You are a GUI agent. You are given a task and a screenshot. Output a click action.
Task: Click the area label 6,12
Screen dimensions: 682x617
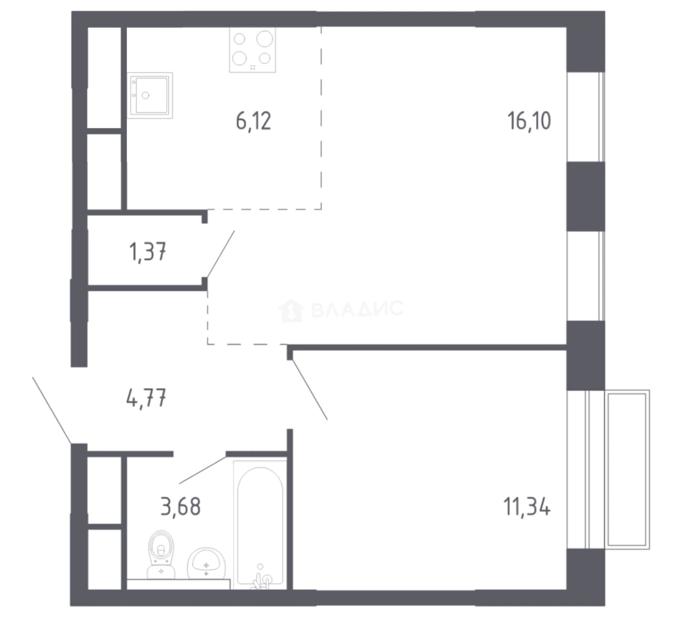(x=253, y=121)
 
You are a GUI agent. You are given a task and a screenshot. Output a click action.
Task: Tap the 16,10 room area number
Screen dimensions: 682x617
(x=529, y=121)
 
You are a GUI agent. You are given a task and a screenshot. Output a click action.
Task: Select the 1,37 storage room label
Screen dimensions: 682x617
(x=148, y=252)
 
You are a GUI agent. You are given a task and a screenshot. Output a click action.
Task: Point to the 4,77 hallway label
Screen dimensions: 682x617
(x=147, y=398)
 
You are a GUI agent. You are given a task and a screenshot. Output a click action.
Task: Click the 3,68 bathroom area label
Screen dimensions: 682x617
(x=180, y=507)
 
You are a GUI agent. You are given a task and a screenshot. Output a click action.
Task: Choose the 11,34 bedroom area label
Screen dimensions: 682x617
(x=527, y=507)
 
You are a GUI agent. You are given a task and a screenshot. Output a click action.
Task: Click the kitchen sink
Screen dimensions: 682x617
(x=150, y=95)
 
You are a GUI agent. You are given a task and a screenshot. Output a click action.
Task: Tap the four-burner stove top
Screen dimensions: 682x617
(x=252, y=50)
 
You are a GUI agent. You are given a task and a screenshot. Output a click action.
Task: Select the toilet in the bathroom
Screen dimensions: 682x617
(x=162, y=555)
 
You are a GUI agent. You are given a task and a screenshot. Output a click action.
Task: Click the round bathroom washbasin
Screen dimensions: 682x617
(x=206, y=564)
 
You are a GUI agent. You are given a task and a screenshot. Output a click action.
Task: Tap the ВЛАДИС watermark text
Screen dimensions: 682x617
(x=358, y=309)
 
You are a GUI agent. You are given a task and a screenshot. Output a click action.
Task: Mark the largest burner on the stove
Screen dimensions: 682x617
(x=264, y=39)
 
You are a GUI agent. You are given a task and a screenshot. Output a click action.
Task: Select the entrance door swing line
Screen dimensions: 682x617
(x=52, y=410)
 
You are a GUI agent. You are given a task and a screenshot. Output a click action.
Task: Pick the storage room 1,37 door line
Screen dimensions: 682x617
(x=221, y=254)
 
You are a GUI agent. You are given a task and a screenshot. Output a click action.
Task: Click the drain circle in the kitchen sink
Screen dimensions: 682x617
(x=146, y=95)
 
